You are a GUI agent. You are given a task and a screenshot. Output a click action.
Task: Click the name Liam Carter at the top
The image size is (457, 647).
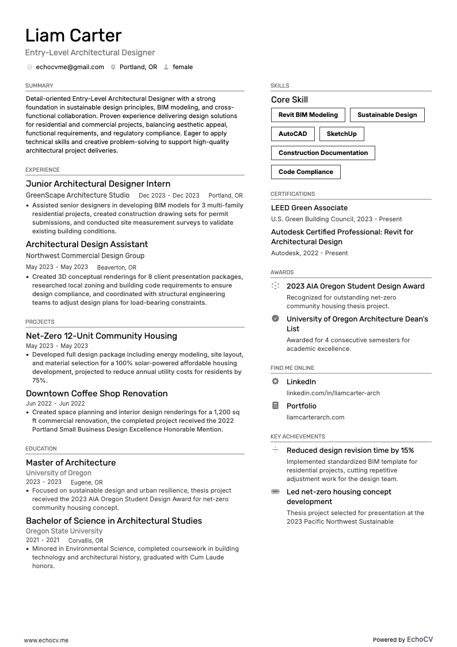click(73, 36)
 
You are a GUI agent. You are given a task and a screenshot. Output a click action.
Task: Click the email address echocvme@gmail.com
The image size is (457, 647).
click(70, 67)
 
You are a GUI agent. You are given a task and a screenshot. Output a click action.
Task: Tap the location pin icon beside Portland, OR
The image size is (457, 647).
click(113, 67)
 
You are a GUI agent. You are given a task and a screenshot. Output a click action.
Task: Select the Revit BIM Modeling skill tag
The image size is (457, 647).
click(308, 115)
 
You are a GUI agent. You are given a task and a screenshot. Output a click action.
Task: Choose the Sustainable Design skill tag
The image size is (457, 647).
click(387, 115)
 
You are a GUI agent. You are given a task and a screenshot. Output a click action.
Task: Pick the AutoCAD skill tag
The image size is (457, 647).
click(292, 134)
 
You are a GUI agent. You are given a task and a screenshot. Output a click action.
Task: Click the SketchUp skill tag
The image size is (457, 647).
click(341, 134)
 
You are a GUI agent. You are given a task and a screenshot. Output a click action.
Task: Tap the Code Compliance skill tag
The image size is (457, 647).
click(306, 172)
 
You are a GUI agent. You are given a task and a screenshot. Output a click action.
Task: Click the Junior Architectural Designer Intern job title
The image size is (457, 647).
click(98, 184)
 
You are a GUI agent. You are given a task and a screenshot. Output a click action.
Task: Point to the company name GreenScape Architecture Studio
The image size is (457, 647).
click(78, 195)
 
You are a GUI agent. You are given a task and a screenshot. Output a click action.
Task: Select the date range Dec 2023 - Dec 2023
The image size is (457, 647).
click(169, 196)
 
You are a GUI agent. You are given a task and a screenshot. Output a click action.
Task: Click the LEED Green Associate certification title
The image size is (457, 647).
click(309, 207)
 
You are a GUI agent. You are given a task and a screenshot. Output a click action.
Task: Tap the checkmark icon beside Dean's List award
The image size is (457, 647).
click(275, 319)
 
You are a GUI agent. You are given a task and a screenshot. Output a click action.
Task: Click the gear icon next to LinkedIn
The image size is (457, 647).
click(275, 381)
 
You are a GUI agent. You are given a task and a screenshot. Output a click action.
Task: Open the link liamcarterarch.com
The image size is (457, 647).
click(315, 417)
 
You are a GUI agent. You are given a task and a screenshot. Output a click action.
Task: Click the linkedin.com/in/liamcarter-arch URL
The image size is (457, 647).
click(333, 393)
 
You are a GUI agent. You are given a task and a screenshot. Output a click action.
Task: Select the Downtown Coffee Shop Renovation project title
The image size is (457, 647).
click(97, 394)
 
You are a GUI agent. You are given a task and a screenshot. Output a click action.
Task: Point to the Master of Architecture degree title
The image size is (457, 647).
click(71, 463)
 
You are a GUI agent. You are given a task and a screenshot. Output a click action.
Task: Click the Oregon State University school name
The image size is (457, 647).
click(64, 531)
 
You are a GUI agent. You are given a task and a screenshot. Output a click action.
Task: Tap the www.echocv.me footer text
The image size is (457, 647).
click(46, 640)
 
